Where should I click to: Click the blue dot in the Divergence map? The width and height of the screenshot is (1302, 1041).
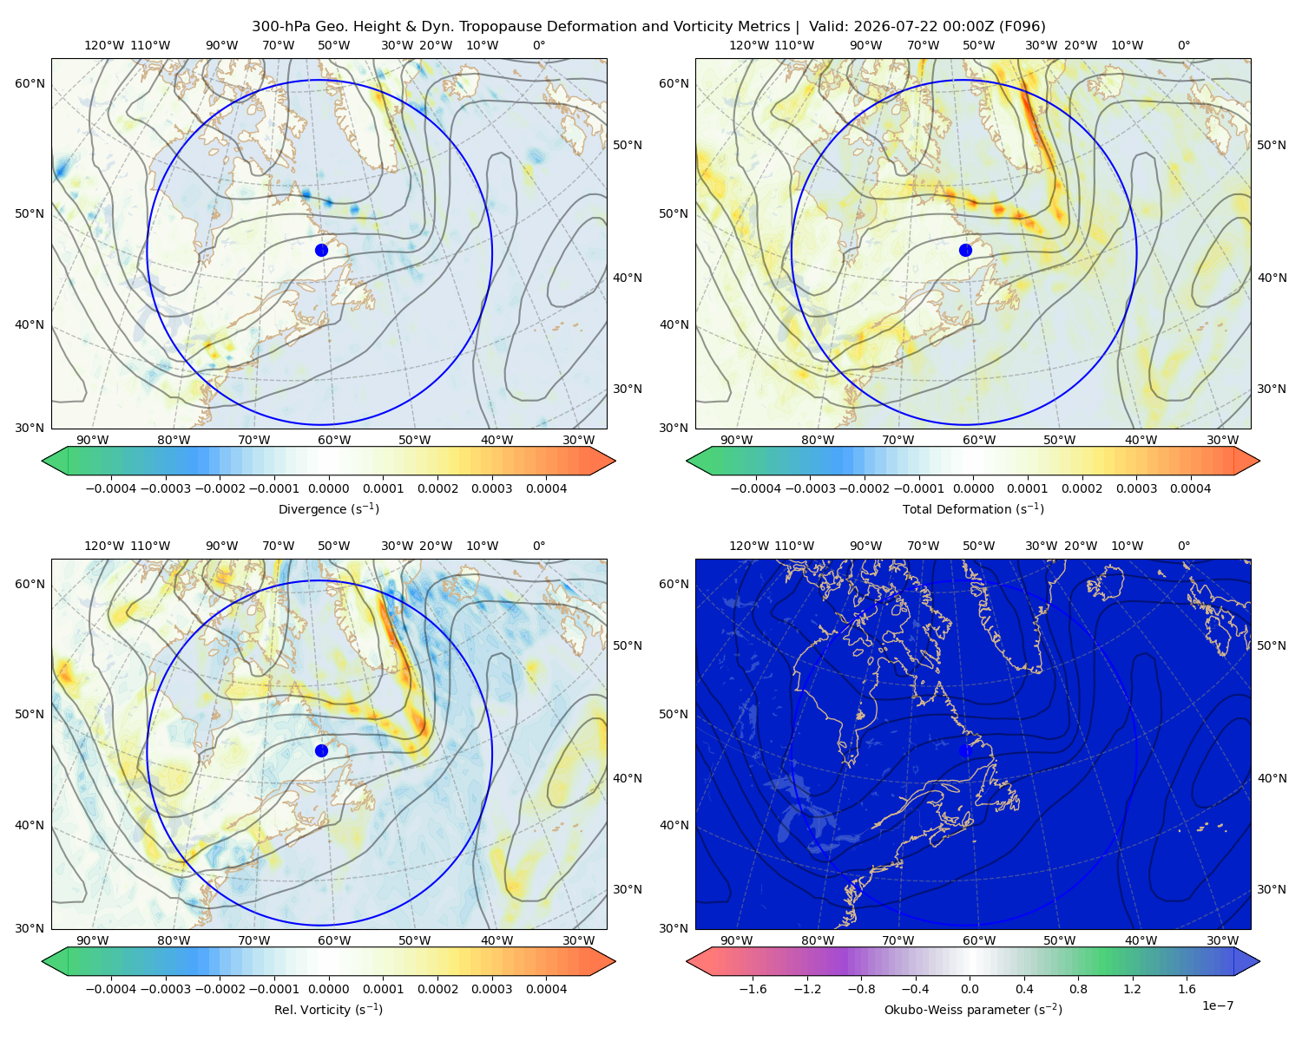321,250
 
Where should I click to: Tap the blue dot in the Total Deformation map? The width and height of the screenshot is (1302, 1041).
965,250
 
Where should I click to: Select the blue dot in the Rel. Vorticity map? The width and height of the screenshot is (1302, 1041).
321,750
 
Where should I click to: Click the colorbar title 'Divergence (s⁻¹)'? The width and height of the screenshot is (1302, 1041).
328,508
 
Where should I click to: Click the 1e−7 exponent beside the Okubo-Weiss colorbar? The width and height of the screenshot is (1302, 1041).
1217,1005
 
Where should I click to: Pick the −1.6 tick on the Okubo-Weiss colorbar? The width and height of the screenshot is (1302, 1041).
753,988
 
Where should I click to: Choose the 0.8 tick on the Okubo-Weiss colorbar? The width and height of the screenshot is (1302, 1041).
1078,988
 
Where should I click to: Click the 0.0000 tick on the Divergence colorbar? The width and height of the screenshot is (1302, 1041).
328,488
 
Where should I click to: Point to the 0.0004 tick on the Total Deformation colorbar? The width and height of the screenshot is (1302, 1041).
1191,488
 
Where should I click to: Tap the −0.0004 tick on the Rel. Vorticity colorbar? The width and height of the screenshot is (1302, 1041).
111,988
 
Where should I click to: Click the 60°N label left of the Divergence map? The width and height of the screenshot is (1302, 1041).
30,83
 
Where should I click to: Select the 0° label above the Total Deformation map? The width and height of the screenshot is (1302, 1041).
1184,45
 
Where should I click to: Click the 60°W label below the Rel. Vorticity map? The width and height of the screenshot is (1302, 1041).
334,940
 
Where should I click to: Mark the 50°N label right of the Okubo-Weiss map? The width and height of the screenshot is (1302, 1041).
1272,645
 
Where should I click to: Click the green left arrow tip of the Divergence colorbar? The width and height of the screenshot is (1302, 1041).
43,461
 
